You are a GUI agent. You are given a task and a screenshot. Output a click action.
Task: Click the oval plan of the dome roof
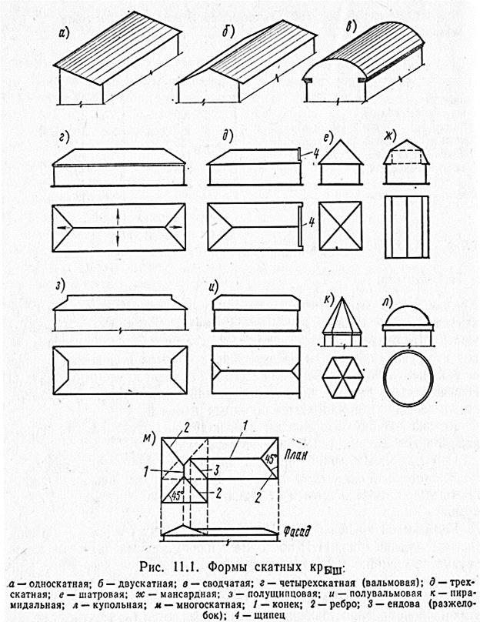pos(408,378)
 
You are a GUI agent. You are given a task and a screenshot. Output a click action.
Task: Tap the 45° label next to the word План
pos(269,460)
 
